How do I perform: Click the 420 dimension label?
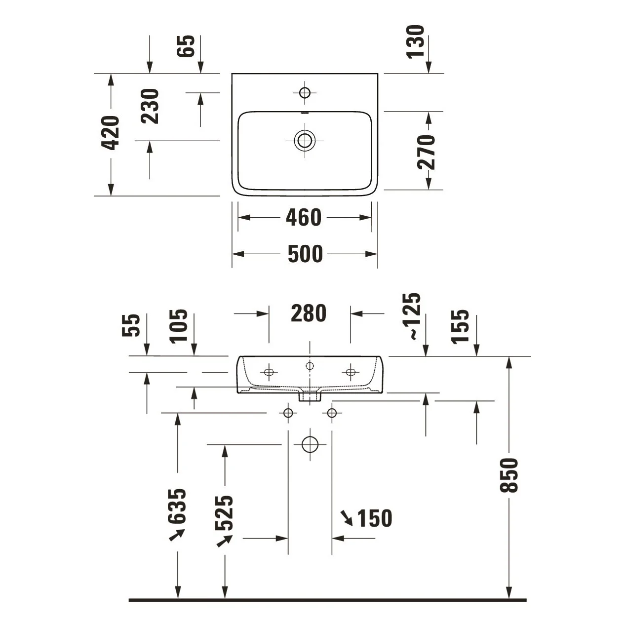pos(110,133)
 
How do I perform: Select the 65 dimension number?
pos(186,46)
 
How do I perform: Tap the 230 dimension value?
pos(150,106)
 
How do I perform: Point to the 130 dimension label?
pos(415,41)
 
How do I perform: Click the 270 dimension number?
pos(426,153)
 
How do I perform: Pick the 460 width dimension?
pos(304,217)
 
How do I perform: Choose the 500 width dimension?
pos(305,254)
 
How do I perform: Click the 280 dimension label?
pos(309,313)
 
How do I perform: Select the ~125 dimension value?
pos(411,316)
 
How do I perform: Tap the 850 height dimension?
pos(509,475)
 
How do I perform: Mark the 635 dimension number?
pos(177,506)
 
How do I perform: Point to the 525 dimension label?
pos(224,513)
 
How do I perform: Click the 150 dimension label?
pos(375,518)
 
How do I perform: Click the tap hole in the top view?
pos(305,93)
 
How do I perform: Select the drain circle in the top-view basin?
pos(305,140)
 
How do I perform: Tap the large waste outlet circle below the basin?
pos(310,444)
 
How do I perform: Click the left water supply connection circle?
pos(288,413)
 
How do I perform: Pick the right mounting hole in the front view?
pos(351,372)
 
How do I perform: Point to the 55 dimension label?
pos(131,325)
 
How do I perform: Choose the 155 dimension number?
pos(460,326)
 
